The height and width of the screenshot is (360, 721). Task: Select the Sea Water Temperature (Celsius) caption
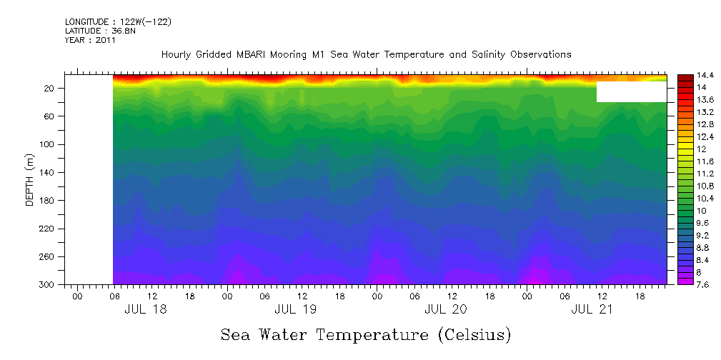click(x=365, y=334)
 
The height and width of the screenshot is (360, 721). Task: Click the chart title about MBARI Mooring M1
click(x=366, y=54)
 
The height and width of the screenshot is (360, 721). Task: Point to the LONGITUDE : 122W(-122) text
click(x=117, y=22)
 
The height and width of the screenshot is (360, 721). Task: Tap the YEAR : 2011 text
click(x=90, y=40)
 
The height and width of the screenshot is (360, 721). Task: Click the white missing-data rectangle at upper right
click(x=631, y=91)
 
